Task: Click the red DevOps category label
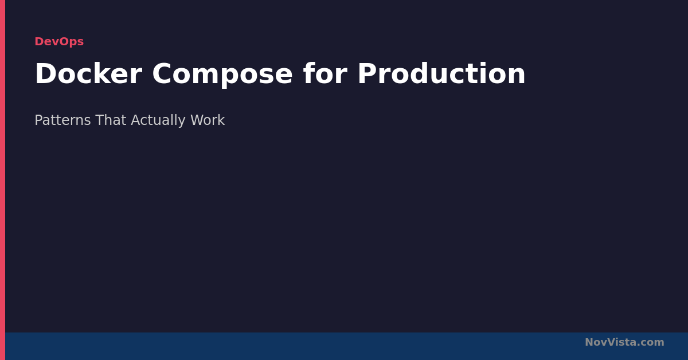[x=59, y=41]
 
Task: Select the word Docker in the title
[x=88, y=74]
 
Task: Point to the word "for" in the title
[x=325, y=73]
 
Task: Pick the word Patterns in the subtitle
[x=62, y=120]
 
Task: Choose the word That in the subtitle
[x=111, y=120]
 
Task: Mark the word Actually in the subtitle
[x=158, y=121]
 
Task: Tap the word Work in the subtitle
[x=208, y=120]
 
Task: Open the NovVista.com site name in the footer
[x=624, y=342]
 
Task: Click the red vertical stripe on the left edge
[x=2, y=180]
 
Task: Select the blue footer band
[x=346, y=346]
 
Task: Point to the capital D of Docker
[x=46, y=74]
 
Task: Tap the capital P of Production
[x=368, y=74]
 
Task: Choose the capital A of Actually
[x=136, y=120]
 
